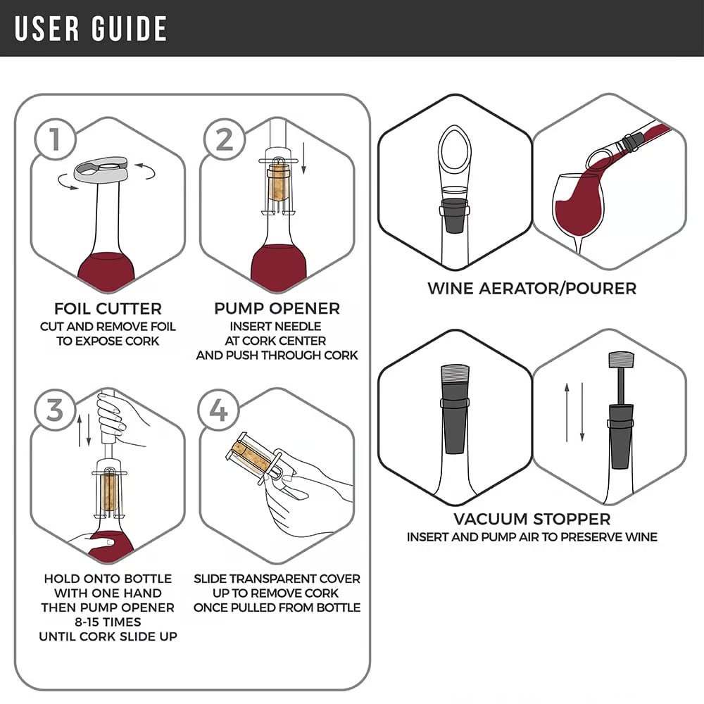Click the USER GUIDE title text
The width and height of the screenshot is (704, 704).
[91, 28]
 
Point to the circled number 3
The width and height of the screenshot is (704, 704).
[54, 410]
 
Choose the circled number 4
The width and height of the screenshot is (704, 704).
[219, 410]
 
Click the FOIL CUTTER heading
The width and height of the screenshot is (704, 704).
[108, 308]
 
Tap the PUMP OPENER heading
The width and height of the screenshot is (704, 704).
[277, 308]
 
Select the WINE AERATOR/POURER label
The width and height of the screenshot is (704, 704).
[532, 288]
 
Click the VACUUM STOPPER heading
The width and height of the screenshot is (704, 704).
[532, 520]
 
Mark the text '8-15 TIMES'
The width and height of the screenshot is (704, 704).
[108, 622]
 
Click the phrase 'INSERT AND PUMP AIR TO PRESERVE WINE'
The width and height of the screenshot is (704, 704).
[532, 537]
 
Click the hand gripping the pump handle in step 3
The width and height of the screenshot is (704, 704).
[116, 419]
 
